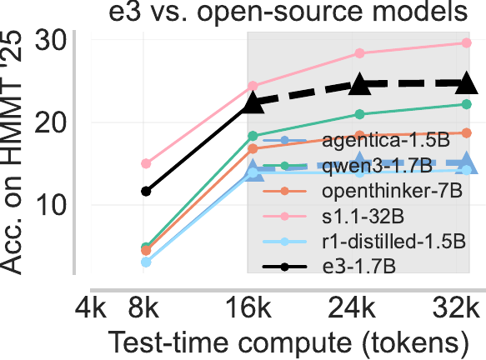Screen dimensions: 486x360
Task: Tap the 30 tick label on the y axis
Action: coord(51,40)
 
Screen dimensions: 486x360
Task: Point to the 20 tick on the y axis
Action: coord(51,122)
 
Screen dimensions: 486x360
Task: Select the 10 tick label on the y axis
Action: coord(51,205)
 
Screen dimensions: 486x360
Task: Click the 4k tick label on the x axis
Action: coord(91,307)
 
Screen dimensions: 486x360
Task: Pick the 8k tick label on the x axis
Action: coord(143,307)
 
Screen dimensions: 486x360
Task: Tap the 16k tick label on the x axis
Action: coord(249,307)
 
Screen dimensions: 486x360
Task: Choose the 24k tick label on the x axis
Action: coord(352,307)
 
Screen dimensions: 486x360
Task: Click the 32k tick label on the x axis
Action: coord(456,307)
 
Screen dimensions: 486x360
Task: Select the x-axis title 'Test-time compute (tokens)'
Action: coord(288,343)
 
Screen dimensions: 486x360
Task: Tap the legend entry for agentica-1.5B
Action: coord(356,141)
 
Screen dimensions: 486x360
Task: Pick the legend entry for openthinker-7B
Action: coord(362,191)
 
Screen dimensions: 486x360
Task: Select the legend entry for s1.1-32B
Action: coord(333,216)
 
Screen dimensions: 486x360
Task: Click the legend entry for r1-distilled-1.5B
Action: coord(364,242)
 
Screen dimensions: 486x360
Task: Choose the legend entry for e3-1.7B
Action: coord(328,267)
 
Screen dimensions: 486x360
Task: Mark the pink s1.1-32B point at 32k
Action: coord(467,42)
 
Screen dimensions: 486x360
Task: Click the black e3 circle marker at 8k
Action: coord(146,192)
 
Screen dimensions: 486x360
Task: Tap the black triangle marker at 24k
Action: coord(360,83)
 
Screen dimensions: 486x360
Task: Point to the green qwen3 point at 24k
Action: coord(359,114)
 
